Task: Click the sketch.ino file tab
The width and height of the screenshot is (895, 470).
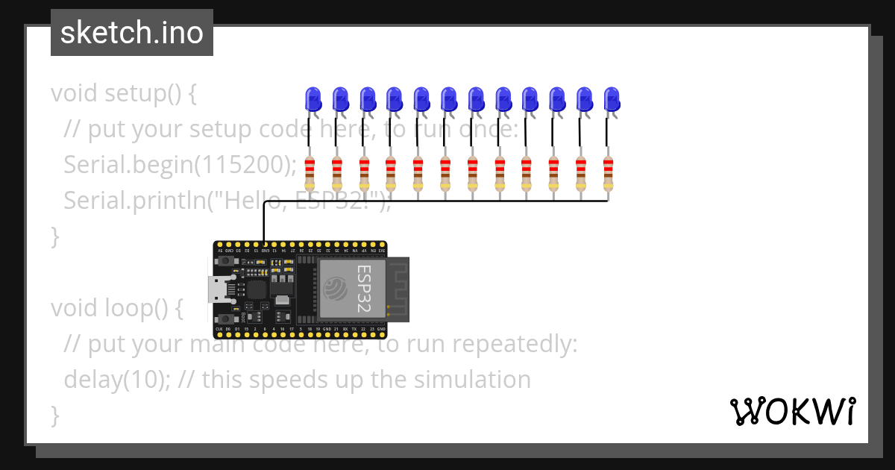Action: point(132,33)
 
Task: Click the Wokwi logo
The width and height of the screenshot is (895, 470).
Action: point(792,411)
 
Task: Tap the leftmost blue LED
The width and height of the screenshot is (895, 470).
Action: point(313,99)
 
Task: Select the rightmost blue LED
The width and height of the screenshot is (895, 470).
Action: point(612,99)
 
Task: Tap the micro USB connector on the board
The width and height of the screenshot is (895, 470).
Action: point(219,288)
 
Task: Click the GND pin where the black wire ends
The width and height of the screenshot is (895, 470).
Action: point(264,245)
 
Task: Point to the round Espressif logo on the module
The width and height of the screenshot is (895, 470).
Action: point(336,287)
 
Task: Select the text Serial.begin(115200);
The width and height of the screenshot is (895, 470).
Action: point(180,164)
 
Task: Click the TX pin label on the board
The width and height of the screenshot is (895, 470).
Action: point(354,329)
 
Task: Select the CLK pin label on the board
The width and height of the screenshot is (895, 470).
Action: point(219,329)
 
